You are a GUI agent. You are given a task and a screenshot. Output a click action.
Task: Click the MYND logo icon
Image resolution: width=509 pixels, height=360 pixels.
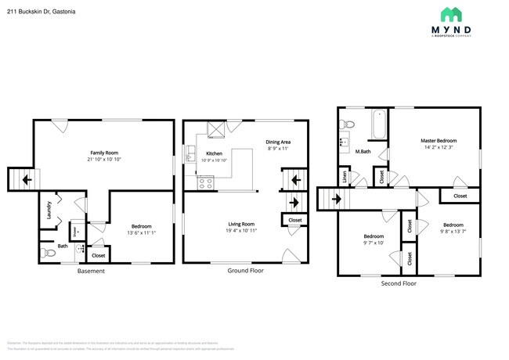coord(452,14)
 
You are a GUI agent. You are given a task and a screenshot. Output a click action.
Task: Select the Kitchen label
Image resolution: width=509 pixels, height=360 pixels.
coord(215,153)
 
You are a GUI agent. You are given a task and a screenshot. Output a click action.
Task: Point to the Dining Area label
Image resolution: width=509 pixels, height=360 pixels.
coord(278,141)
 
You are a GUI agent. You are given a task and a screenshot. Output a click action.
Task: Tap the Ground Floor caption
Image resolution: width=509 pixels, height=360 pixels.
coord(246,271)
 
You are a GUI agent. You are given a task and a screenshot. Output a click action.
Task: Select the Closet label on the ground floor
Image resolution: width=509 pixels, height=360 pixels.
coord(295,221)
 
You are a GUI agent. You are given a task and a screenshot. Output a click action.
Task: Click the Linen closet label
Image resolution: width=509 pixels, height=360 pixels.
coord(345,178)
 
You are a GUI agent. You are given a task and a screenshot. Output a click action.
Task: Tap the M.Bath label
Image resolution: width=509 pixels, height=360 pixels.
coord(363,151)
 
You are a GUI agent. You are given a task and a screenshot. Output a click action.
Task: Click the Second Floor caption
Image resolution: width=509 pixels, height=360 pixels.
coord(399,283)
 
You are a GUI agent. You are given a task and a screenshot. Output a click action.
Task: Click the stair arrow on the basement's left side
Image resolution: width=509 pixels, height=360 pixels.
coord(27,180)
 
